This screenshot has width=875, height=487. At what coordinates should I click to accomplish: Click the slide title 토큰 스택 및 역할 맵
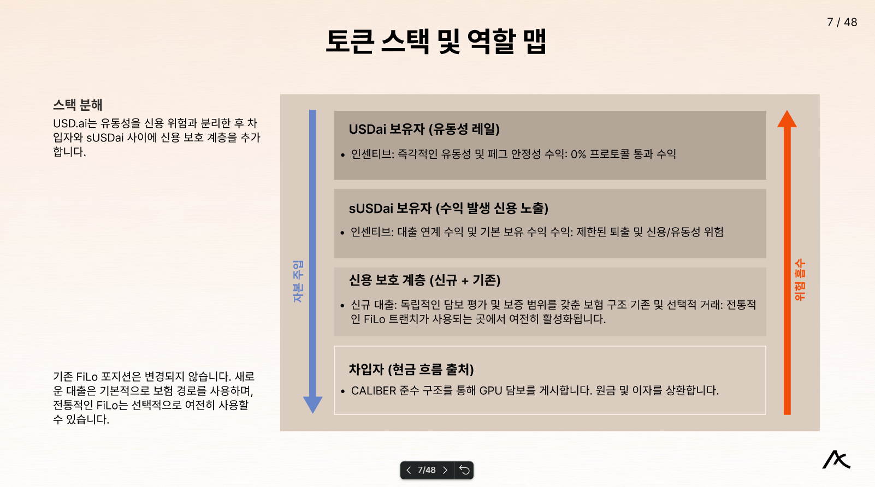pos(436,41)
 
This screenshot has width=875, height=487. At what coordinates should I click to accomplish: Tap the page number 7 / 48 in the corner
pos(842,22)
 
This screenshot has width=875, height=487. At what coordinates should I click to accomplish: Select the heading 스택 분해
pos(78,105)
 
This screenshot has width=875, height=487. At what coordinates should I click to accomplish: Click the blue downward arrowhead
pos(312,405)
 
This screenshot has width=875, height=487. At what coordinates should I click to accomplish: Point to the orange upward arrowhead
pos(787,119)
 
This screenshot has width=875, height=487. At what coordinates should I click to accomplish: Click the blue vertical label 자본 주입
pos(298,281)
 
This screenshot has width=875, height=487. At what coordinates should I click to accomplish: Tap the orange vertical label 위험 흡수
pos(800,280)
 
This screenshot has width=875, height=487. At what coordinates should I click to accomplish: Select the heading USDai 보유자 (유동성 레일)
pos(424,129)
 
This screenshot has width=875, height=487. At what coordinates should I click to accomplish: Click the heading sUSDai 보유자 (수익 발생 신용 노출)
pos(448,209)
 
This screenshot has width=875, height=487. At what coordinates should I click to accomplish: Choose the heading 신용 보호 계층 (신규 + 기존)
pos(424,281)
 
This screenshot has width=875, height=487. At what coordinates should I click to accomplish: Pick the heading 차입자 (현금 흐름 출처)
pos(411,370)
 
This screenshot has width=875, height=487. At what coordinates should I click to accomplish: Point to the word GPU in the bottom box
pos(490,391)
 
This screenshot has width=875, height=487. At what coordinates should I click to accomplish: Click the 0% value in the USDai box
pos(578,155)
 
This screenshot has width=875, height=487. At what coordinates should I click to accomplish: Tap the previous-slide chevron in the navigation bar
pos(409,470)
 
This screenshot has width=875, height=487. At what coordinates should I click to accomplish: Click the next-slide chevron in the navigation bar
pos(445,470)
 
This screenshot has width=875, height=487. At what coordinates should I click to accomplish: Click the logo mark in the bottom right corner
pos(836,460)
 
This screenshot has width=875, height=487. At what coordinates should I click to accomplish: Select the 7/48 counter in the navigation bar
pos(427,470)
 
